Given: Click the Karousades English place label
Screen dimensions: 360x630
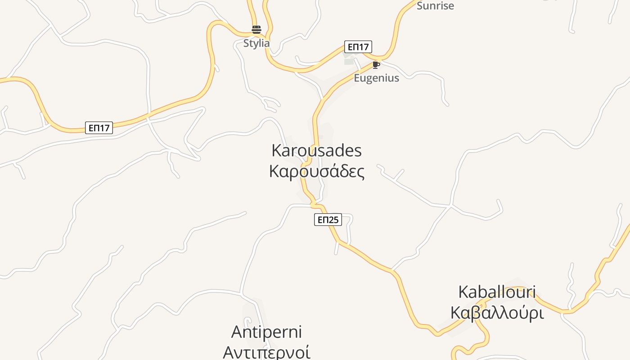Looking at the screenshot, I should [x=316, y=150].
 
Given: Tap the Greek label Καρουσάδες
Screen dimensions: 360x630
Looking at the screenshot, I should [x=316, y=171].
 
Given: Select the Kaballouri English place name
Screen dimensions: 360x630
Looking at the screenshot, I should [x=497, y=292].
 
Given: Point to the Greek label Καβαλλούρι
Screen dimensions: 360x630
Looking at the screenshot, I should [x=497, y=313].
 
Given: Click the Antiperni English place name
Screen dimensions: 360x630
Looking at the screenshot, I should [x=266, y=332].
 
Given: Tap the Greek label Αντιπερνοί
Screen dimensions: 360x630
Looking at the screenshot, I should [x=266, y=352].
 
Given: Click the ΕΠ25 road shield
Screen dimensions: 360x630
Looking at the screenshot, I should [x=328, y=220].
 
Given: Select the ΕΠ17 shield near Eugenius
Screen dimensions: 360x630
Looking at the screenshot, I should [x=358, y=47].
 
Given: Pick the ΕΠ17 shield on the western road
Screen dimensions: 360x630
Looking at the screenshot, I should [x=99, y=128].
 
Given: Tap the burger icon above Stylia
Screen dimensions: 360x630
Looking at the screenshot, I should [x=256, y=30].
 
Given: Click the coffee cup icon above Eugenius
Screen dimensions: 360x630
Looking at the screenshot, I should [x=376, y=65].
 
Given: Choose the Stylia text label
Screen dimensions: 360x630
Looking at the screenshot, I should [x=256, y=43].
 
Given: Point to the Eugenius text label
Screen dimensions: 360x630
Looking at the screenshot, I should [x=376, y=78].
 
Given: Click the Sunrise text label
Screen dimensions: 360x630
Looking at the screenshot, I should [x=435, y=6].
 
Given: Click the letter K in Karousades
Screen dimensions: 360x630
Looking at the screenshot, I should [x=277, y=150].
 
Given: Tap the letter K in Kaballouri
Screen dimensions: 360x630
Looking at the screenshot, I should [x=463, y=292].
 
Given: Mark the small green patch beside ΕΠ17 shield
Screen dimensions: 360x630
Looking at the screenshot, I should [x=349, y=62].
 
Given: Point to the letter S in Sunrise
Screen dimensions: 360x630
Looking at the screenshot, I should [x=420, y=6].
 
